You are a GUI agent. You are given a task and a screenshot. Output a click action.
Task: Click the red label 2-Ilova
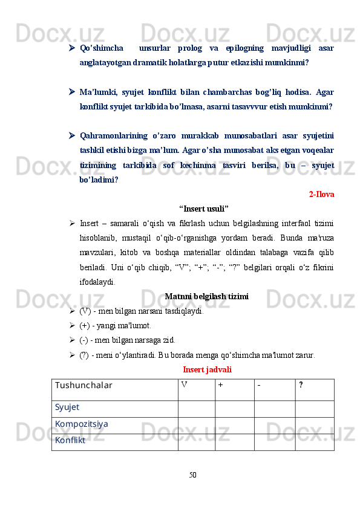tap(322, 195)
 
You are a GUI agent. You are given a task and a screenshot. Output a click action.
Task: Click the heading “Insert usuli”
tap(204, 209)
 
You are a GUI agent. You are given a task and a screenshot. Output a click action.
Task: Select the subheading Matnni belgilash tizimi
tap(206, 297)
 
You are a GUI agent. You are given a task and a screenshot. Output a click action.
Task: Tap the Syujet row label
tap(67, 407)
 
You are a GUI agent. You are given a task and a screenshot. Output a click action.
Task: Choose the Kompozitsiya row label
tap(82, 424)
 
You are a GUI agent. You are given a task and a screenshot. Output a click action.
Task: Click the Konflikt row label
tap(70, 441)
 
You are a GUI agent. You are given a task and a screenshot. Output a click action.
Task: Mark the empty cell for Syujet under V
tap(196, 408)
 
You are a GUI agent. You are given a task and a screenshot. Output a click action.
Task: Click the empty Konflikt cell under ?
tap(314, 442)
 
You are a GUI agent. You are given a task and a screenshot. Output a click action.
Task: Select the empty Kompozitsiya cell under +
tap(234, 425)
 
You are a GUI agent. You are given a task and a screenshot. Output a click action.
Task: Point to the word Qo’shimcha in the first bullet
tap(102, 48)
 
